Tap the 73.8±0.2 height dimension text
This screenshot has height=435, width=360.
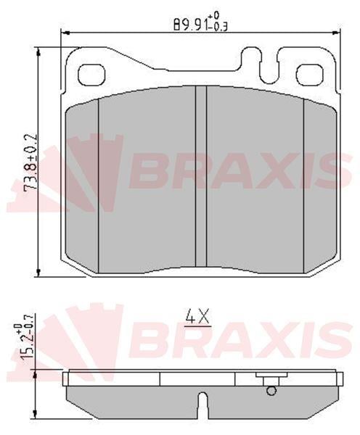30,162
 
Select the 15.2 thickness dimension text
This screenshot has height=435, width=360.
25,336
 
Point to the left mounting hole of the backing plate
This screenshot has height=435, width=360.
91,75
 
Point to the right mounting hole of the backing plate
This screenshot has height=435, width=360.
310,75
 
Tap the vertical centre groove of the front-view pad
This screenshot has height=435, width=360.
201,176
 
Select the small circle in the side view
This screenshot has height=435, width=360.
271,391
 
